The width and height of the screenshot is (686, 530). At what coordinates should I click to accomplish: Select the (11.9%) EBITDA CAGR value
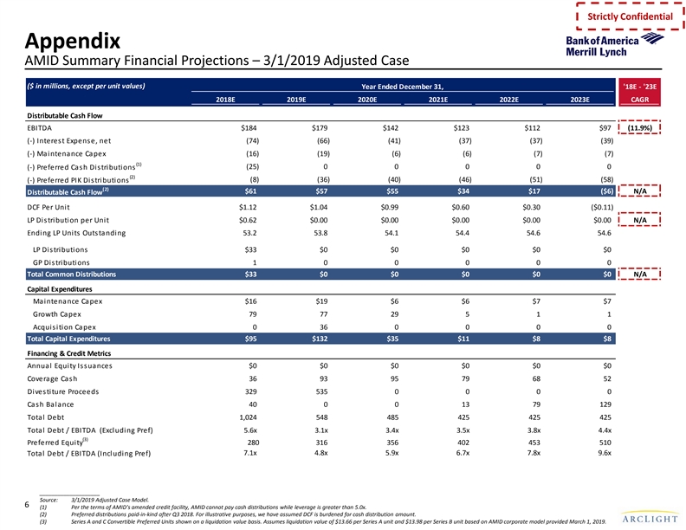point(641,127)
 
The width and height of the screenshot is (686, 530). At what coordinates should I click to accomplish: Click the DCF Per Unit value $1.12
point(248,207)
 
